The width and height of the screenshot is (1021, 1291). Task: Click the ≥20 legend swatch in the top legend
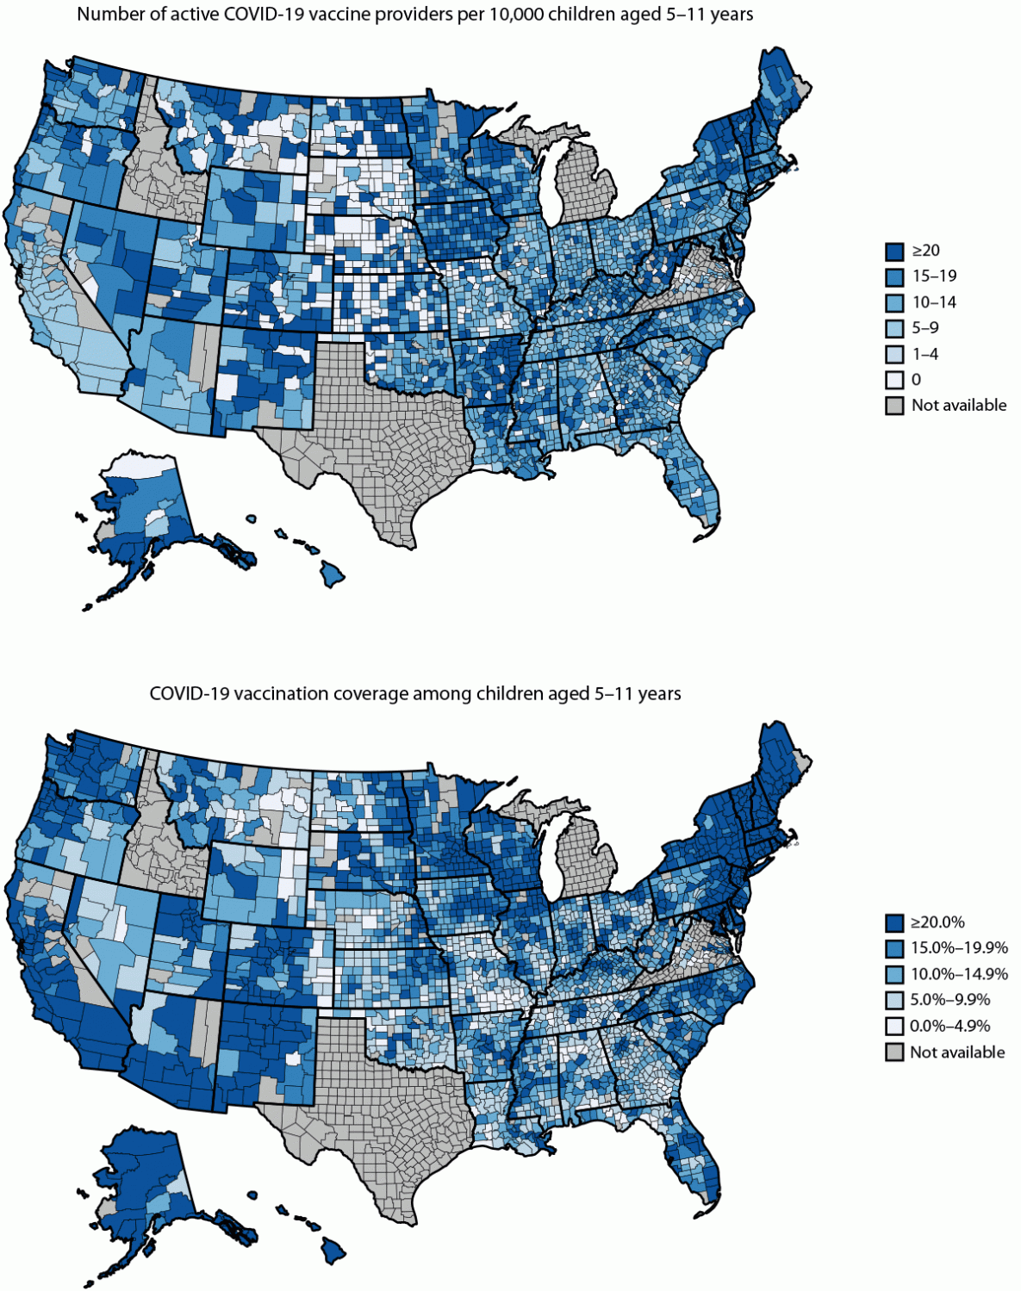[x=894, y=251]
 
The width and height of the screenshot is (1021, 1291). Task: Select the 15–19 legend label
[x=934, y=276]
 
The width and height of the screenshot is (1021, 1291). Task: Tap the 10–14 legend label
[x=934, y=302]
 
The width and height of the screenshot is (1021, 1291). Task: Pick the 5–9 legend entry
[x=925, y=328]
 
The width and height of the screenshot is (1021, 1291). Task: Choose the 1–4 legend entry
[x=925, y=354]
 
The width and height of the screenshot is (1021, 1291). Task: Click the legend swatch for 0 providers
[x=894, y=380]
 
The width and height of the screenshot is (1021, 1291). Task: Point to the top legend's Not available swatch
[x=894, y=406]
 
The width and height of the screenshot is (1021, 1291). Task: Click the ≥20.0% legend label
[x=938, y=922]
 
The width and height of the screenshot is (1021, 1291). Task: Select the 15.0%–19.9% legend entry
[x=959, y=948]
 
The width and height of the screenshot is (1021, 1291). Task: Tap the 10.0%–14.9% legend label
[x=959, y=974]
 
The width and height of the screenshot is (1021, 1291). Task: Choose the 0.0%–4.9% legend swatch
[x=894, y=1026]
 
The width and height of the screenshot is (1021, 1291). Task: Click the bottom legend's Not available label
[x=957, y=1052]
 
